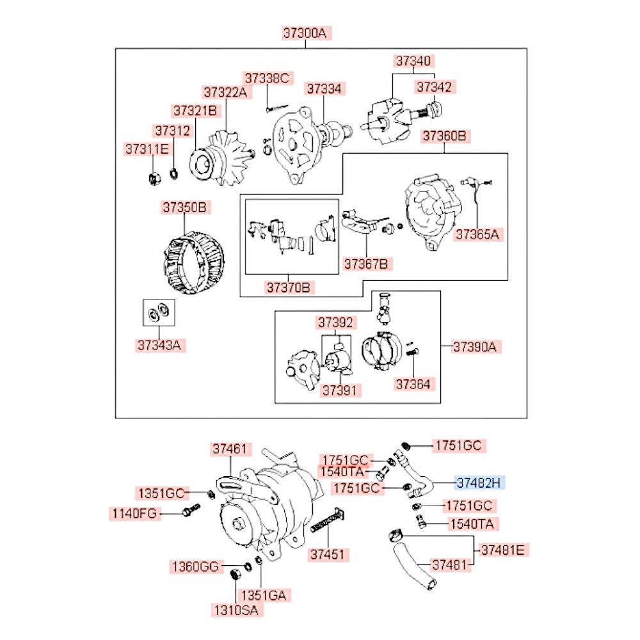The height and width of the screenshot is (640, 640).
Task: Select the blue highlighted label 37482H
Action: click(480, 482)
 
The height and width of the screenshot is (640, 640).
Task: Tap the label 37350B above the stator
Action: click(186, 207)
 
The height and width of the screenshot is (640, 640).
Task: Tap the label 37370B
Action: click(288, 288)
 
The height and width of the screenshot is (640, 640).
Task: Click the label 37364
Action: click(413, 384)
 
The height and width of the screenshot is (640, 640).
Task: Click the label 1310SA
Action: click(236, 610)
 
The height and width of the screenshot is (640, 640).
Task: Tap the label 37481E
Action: click(505, 549)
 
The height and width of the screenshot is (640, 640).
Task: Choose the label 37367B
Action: click(368, 263)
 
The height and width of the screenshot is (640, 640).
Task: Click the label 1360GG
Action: click(195, 566)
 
